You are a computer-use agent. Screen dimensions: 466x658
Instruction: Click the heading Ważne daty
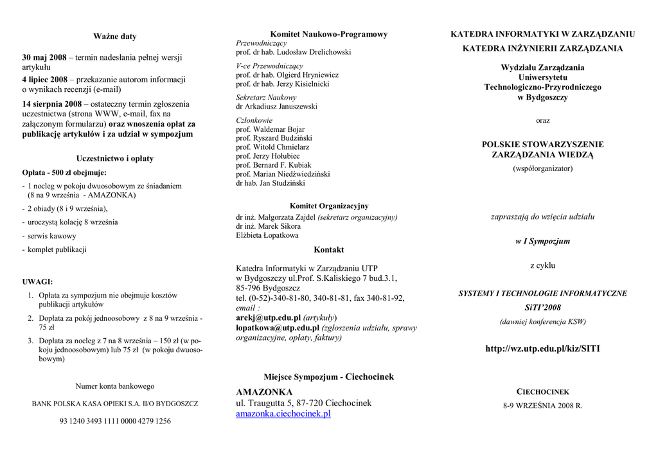(x=115, y=37)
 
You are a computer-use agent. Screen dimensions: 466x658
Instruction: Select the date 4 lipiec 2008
(x=44, y=80)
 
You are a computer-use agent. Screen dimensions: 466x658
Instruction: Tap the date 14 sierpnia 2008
(x=51, y=104)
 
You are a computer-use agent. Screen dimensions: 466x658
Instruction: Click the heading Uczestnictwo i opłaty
(x=115, y=158)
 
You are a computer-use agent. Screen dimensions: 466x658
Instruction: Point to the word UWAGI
(x=37, y=282)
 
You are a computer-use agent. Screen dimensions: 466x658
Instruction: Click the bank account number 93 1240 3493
(x=115, y=421)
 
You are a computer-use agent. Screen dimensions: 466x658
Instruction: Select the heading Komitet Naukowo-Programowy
(x=328, y=34)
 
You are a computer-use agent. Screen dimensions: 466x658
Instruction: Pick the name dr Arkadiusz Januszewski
(x=276, y=107)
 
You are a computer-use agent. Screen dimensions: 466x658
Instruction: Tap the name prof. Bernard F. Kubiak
(x=274, y=165)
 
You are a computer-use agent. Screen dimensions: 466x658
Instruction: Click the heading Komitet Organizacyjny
(x=328, y=206)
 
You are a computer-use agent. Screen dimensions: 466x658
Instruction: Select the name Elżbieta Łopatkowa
(x=267, y=235)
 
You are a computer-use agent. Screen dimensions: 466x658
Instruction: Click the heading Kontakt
(x=328, y=249)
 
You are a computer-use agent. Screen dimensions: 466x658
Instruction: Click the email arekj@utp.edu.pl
(x=269, y=318)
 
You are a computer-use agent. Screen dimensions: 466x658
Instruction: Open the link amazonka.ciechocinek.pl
(x=283, y=414)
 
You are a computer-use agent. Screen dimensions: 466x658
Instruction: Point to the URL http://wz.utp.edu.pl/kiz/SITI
(x=542, y=348)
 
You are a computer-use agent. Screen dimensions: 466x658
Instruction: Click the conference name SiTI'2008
(x=542, y=307)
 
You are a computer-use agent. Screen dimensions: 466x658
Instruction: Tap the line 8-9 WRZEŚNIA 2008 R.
(x=542, y=406)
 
